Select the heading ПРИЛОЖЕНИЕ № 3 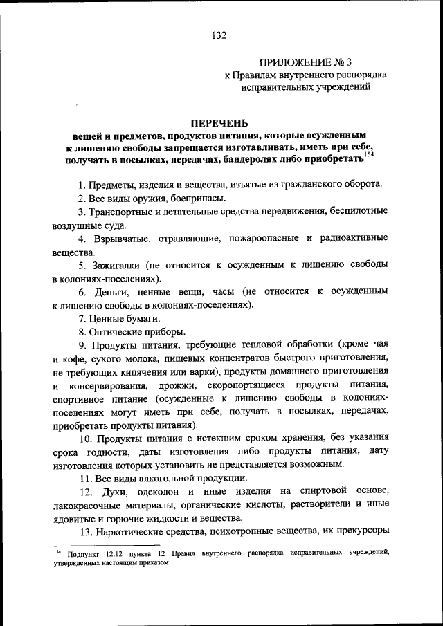[302, 61]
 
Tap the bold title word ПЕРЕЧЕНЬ [221, 122]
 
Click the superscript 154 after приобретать [368, 155]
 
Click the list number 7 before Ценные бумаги [81, 318]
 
